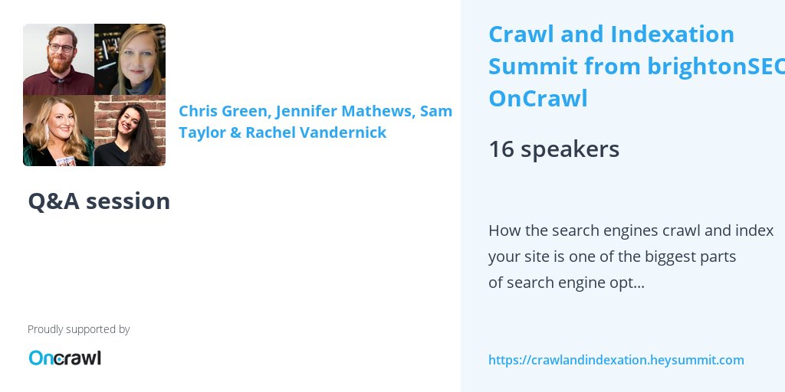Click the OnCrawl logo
(64, 358)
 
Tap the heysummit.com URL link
(616, 360)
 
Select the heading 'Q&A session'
(99, 201)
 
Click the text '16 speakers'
(553, 149)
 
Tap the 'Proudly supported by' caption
(78, 329)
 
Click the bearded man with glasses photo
(58, 59)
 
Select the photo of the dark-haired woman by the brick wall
(130, 131)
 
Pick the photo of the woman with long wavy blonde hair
(58, 131)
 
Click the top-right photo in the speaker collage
(130, 59)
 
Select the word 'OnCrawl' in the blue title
(537, 99)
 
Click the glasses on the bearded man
(61, 47)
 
